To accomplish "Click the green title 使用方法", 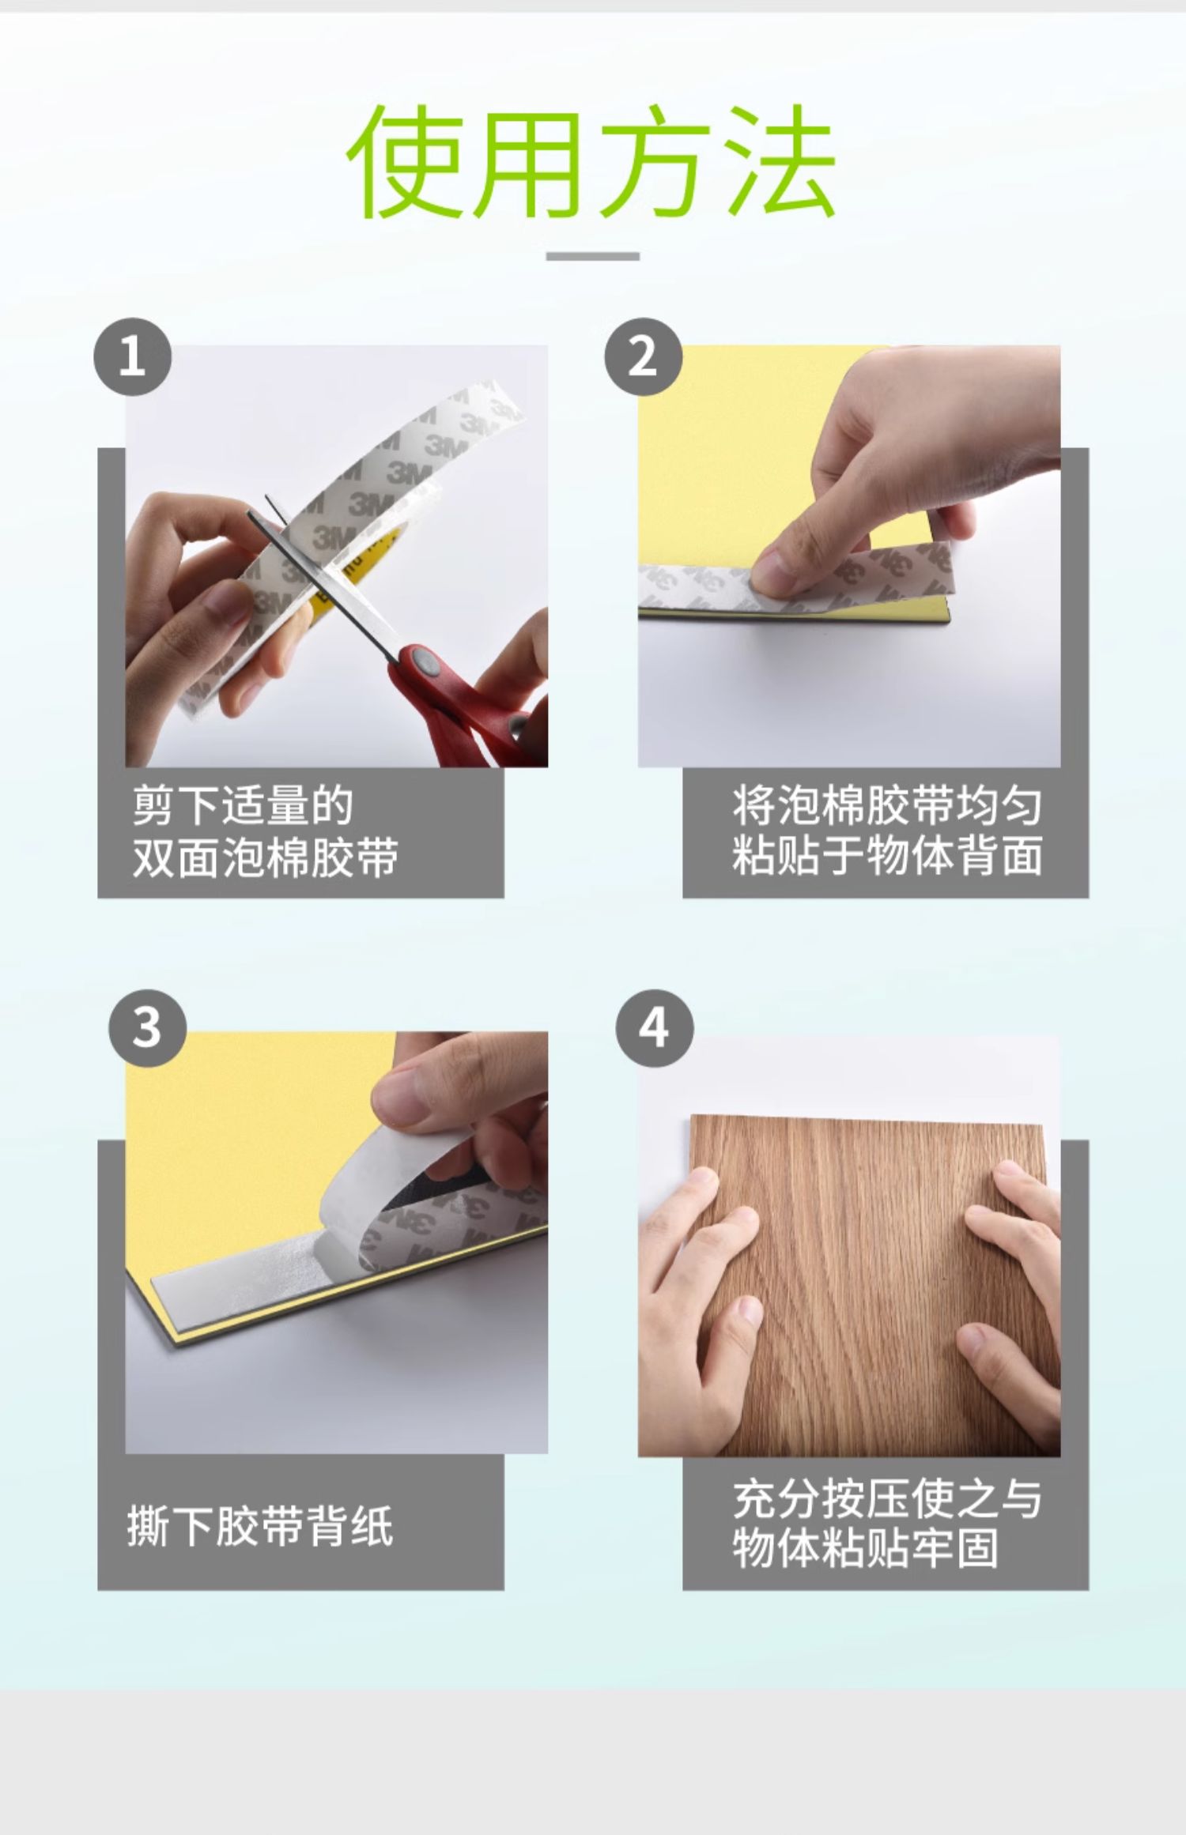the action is coord(592,161).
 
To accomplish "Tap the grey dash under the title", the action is coord(593,256).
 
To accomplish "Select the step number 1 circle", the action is coord(132,356).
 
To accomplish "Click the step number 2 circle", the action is coord(643,356).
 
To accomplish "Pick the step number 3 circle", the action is coord(147,1028).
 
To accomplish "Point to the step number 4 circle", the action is coord(654,1028).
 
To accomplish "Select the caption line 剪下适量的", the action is coord(243,805).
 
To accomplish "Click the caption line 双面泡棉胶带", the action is coord(265,857).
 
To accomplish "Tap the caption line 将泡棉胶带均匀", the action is coord(886,805).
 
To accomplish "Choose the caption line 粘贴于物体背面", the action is coord(886,855).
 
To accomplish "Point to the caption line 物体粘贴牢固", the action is coord(864,1548).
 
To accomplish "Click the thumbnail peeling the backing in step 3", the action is coord(336,1242).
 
